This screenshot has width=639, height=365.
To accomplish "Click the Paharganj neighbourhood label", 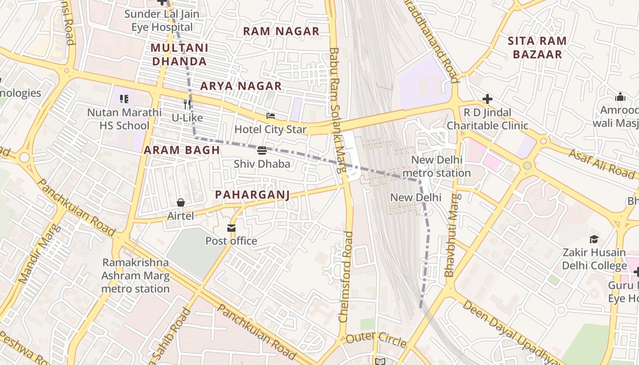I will tap(252, 195).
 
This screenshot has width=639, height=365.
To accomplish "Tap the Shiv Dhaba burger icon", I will tap(262, 151).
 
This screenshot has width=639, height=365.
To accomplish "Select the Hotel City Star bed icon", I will tap(271, 116).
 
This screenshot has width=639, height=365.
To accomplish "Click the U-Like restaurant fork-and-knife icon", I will tap(187, 104).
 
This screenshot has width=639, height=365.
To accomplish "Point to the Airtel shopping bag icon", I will tap(181, 203).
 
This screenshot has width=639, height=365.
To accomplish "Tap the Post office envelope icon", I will tap(231, 228).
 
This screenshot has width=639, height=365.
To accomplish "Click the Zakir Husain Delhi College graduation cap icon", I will tap(594, 239).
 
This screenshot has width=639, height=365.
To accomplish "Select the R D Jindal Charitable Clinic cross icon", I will tap(487, 99).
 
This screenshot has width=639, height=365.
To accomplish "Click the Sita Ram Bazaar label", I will tap(537, 47).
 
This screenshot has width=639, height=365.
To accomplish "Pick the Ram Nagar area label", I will tap(281, 31).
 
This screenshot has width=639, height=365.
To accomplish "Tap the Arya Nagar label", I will tap(241, 86).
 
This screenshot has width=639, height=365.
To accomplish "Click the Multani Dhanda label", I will tap(179, 54).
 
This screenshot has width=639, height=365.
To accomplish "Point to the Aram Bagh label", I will tap(182, 150).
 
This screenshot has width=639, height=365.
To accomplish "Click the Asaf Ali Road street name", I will tap(601, 163).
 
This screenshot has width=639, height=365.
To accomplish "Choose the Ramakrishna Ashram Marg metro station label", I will tap(135, 276).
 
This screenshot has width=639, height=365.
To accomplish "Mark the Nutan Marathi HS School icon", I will tap(124, 99).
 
